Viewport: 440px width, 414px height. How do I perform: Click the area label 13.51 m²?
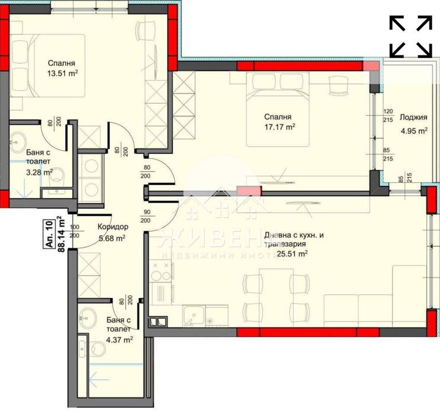click(63, 74)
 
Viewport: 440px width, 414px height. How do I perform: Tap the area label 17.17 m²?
click(280, 127)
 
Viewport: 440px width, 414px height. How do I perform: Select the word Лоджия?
click(413, 117)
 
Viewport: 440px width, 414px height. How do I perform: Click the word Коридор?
click(112, 227)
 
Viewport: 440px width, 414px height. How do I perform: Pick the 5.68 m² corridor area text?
click(111, 238)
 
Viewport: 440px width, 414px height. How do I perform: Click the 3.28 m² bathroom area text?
click(38, 172)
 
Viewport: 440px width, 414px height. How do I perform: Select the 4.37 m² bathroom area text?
click(118, 339)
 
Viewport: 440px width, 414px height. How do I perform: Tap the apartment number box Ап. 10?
click(49, 235)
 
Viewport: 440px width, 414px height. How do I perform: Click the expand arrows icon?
click(410, 37)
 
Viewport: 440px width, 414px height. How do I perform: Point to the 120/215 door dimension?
click(388, 116)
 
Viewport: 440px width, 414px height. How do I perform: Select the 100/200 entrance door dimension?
click(75, 231)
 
